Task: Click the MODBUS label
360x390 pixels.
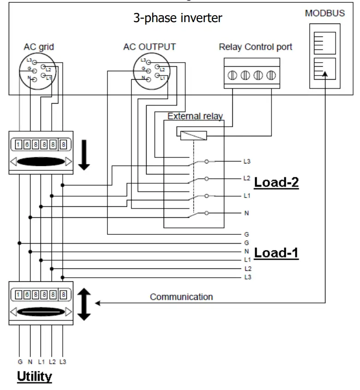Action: coord(325,13)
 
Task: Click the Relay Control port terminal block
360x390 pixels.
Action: coord(251,73)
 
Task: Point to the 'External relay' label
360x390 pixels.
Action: coord(195,116)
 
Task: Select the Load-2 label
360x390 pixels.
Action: coord(276,182)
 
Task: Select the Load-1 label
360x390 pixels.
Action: coord(276,253)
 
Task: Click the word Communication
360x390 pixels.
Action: coord(181,297)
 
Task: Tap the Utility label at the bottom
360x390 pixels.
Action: coord(35,377)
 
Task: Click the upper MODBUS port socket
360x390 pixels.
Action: coord(325,43)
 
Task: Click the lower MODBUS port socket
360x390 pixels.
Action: coord(325,70)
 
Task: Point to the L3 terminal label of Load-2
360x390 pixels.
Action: coord(247,162)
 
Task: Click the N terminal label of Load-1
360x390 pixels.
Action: coord(247,251)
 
